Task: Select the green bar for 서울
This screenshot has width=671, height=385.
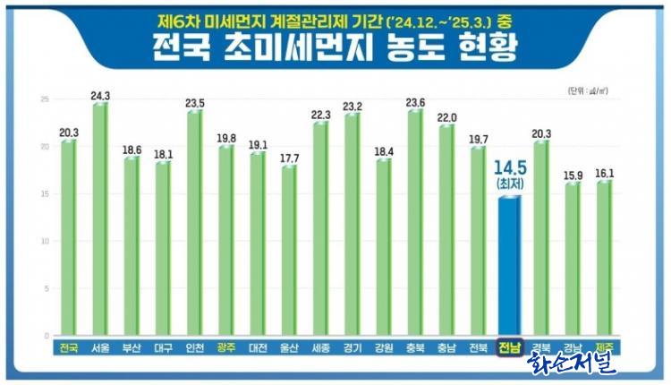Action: [x=99, y=219]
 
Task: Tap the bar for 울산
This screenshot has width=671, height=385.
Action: [x=288, y=251]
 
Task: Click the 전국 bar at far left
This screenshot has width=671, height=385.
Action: [x=68, y=238]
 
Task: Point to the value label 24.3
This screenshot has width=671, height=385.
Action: [x=100, y=95]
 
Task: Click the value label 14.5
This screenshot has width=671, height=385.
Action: [x=508, y=167]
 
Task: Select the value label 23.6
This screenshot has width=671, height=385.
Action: [x=414, y=101]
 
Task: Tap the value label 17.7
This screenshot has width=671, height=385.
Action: [x=288, y=158]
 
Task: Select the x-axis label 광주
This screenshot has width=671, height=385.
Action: [x=225, y=348]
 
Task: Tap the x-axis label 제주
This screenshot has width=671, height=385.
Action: [x=603, y=348]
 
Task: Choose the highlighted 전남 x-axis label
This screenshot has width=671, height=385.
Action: [x=509, y=348]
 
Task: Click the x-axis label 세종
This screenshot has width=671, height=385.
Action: [x=319, y=348]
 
